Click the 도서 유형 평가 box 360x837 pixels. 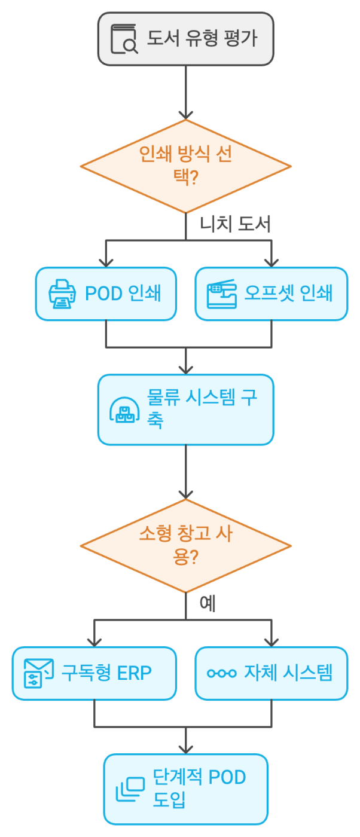(x=185, y=39)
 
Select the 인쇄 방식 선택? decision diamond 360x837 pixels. (x=185, y=166)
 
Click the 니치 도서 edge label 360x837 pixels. (x=236, y=224)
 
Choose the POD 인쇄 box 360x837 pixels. (x=106, y=294)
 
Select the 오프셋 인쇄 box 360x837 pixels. (x=271, y=294)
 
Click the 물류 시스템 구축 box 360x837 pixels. (x=185, y=410)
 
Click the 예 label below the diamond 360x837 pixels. (x=208, y=604)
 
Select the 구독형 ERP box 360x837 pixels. (x=94, y=673)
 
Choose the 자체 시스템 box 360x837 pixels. (x=271, y=673)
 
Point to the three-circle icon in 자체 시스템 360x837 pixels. (x=222, y=674)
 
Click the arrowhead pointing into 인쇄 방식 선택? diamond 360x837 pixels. (x=185, y=114)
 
